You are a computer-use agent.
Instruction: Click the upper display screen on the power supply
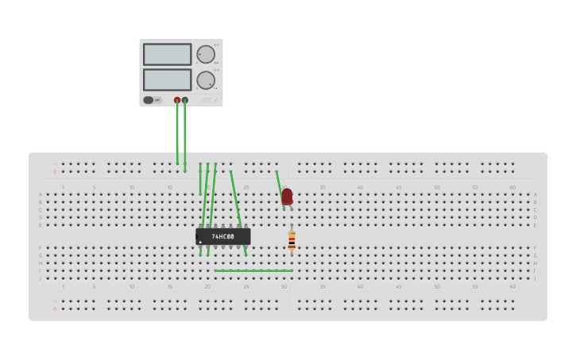click(167, 54)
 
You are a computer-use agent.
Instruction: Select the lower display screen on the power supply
click(167, 79)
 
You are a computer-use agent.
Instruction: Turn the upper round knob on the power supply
click(205, 54)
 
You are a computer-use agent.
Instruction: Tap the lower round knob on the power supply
click(205, 79)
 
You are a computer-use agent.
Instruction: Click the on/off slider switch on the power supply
click(149, 100)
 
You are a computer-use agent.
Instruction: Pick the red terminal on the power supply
click(177, 100)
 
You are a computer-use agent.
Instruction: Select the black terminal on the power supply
click(185, 100)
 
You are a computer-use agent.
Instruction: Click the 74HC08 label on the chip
click(223, 237)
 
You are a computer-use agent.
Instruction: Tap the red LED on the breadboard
click(287, 195)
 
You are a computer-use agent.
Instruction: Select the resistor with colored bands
click(292, 241)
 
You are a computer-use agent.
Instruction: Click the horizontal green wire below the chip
click(253, 271)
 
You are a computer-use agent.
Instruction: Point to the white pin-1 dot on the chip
click(199, 242)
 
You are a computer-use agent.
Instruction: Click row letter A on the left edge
click(41, 195)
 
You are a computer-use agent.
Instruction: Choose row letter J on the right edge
click(535, 278)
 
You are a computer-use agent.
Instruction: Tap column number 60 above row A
click(512, 188)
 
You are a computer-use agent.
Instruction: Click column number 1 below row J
click(64, 286)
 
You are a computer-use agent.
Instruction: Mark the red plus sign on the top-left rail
click(55, 171)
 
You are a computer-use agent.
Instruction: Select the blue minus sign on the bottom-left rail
click(55, 301)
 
